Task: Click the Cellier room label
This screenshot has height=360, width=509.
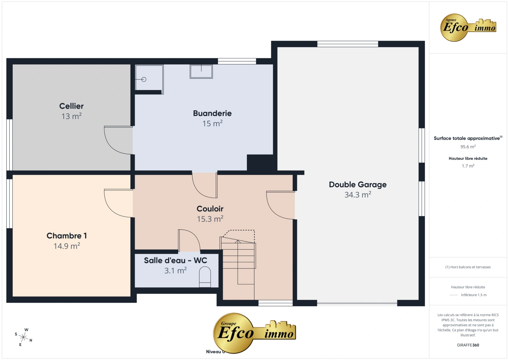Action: [x=71, y=106]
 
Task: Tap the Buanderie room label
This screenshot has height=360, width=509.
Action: [x=212, y=113]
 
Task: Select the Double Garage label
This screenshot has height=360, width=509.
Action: [x=358, y=185]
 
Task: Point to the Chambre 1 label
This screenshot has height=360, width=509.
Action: [x=67, y=236]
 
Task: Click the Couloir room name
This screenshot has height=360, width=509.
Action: [x=210, y=209]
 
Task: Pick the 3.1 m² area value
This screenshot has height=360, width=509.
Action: [x=175, y=271]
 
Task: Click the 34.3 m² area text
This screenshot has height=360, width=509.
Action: [x=358, y=195]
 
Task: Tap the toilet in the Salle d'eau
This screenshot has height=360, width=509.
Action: [x=205, y=278]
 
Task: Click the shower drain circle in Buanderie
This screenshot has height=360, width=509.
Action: [x=144, y=79]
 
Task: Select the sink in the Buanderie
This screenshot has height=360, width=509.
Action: [x=201, y=71]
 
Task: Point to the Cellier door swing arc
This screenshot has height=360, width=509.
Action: [x=115, y=142]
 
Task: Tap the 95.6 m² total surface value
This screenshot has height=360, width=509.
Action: [x=468, y=147]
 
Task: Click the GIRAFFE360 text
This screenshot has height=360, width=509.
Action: [x=468, y=345]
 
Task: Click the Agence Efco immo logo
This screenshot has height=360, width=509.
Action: [x=468, y=27]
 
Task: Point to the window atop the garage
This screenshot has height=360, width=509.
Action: [x=348, y=44]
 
